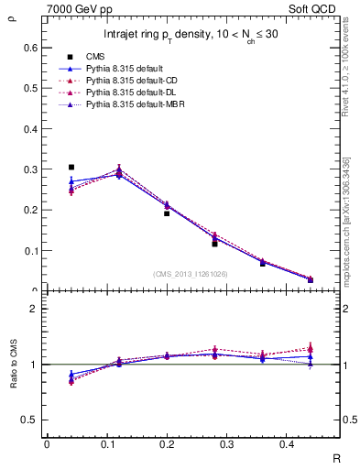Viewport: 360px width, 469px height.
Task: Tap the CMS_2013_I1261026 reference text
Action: (191, 274)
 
